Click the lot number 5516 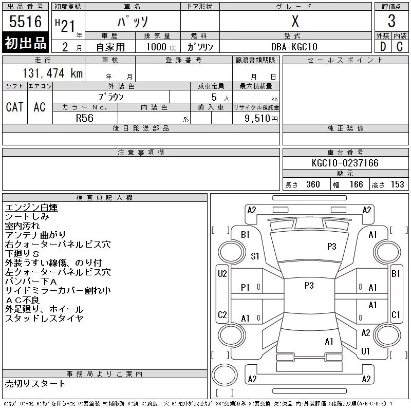click(25, 21)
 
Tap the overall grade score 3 click(391, 21)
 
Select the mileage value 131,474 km click(52, 73)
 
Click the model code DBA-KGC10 click(294, 47)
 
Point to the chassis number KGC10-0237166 click(345, 163)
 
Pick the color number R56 click(85, 118)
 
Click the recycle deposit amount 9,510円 click(261, 118)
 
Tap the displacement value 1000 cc click(161, 47)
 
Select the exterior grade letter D click(383, 47)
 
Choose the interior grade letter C click(400, 47)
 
